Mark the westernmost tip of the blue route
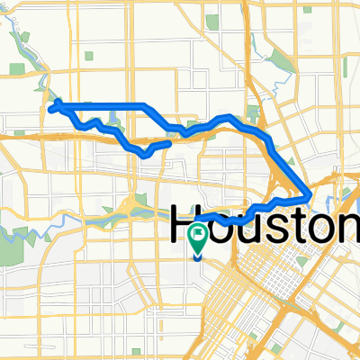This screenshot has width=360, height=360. (49, 108)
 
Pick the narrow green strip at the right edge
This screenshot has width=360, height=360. (344, 67)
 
